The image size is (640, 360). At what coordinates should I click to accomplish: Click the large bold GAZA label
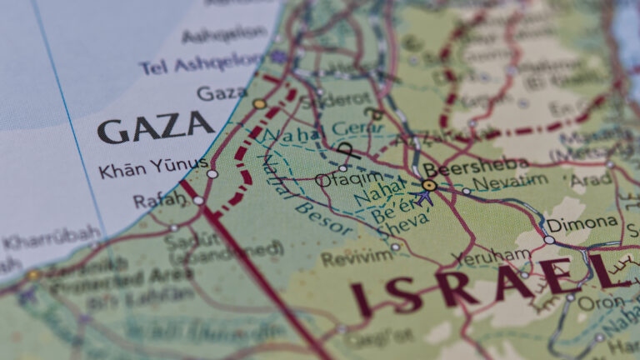156,128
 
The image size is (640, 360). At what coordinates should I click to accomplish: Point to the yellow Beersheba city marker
429,185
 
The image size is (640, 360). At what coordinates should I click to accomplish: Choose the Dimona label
582,224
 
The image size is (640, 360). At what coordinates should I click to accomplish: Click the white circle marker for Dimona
549,240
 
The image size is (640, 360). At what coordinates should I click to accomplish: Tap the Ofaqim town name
349,178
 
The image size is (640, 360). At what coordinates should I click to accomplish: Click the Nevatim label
510,182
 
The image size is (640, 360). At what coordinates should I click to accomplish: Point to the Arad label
590,179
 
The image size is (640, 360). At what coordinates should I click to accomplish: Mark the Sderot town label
324,100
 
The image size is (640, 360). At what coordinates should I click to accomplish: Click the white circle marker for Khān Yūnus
212,174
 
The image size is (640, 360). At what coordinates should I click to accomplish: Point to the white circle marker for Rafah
198,201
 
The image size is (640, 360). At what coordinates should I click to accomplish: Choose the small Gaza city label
221,92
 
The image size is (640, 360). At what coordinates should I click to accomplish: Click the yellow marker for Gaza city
259,104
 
